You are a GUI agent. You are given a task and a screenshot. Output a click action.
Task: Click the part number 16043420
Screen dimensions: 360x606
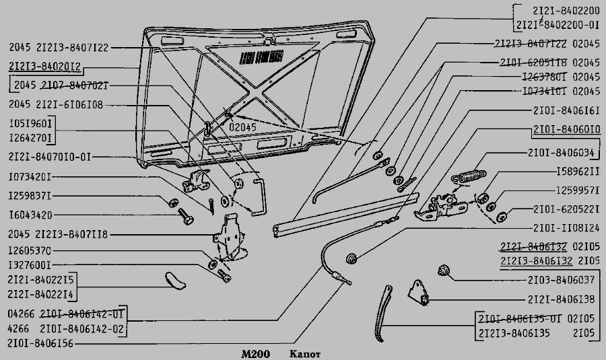(30, 215)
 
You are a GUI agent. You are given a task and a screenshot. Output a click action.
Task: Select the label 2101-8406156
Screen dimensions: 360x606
(41, 343)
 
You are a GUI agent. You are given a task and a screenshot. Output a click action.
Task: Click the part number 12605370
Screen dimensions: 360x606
(30, 250)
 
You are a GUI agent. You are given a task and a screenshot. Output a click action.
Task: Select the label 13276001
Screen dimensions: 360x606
(30, 265)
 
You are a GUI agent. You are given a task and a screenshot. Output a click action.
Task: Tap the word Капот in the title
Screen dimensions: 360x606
(306, 353)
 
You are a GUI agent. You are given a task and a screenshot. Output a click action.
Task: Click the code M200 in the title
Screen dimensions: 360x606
(255, 353)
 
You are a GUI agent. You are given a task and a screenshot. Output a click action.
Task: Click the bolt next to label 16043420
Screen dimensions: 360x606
(184, 217)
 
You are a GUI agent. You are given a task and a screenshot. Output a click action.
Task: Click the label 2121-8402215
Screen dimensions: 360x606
(41, 279)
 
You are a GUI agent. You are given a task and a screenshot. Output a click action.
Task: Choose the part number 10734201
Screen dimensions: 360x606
(30, 178)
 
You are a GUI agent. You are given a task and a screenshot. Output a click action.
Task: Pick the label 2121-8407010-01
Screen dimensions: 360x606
(50, 157)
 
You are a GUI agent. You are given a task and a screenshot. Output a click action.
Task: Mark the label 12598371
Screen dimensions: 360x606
(30, 196)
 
